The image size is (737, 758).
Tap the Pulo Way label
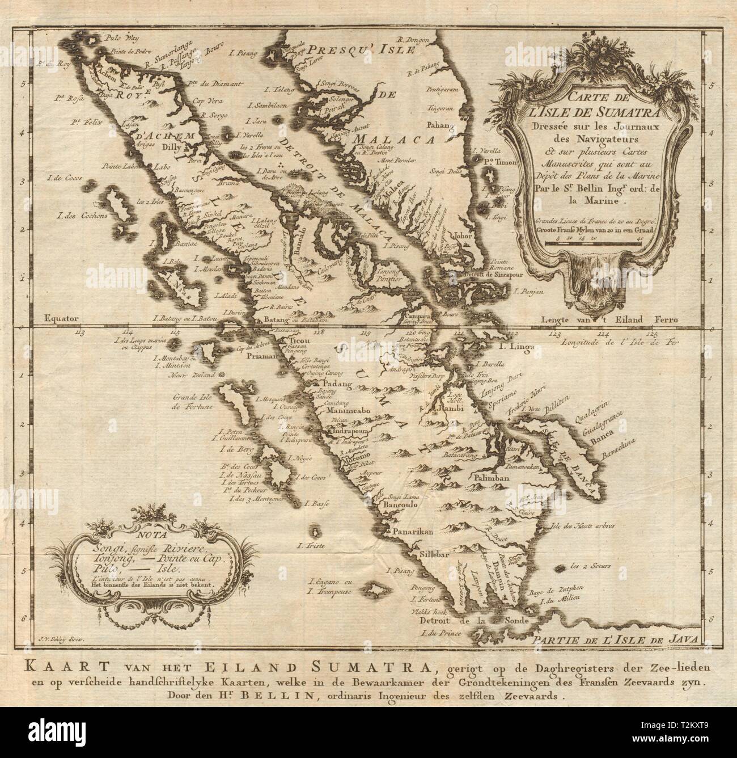pyautogui.click(x=116, y=38)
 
